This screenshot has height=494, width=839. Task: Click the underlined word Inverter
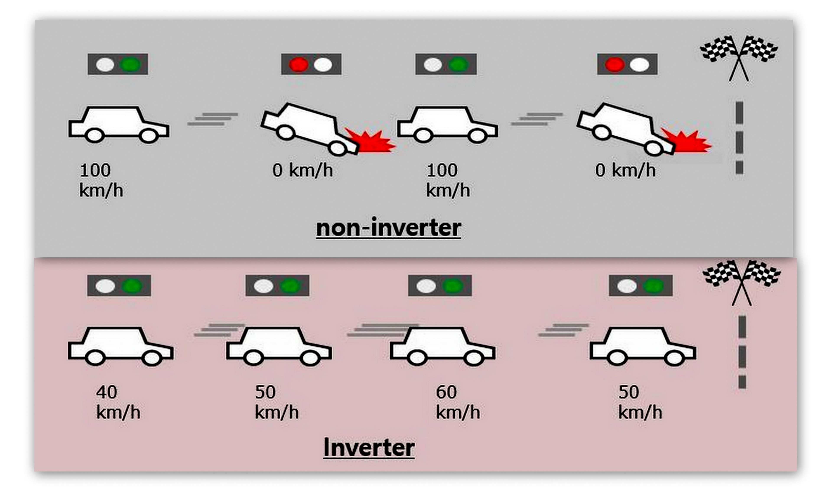(x=369, y=448)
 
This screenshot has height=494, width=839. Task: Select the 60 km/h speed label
(x=457, y=402)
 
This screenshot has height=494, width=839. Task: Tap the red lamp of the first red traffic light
(x=298, y=64)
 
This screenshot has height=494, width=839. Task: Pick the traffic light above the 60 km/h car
(x=440, y=285)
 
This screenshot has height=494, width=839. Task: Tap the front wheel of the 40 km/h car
(x=152, y=358)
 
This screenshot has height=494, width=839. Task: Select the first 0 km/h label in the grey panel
(x=302, y=170)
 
